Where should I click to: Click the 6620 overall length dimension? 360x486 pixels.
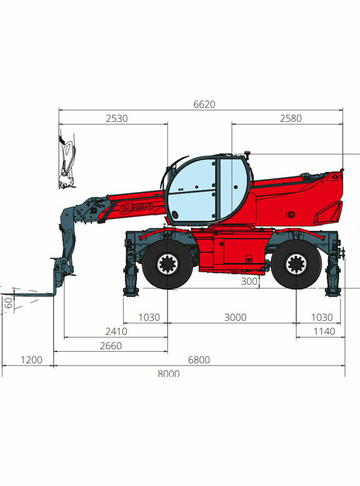(204, 104)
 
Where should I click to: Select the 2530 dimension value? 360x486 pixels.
(117, 118)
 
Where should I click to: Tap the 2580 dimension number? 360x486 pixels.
(291, 118)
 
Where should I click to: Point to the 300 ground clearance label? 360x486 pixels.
(249, 281)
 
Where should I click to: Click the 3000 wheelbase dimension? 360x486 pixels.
(235, 317)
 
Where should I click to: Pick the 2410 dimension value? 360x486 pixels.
(116, 331)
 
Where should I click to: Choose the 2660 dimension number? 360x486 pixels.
(111, 346)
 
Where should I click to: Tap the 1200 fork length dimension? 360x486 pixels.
(31, 360)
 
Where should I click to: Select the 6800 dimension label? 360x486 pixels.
(199, 360)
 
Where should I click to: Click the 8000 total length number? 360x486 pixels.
(168, 374)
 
